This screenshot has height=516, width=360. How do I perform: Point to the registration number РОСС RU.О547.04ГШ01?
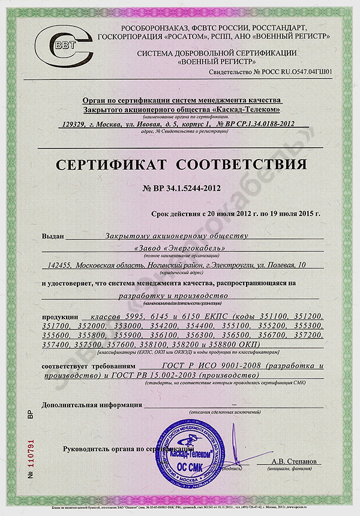click(x=293, y=71)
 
